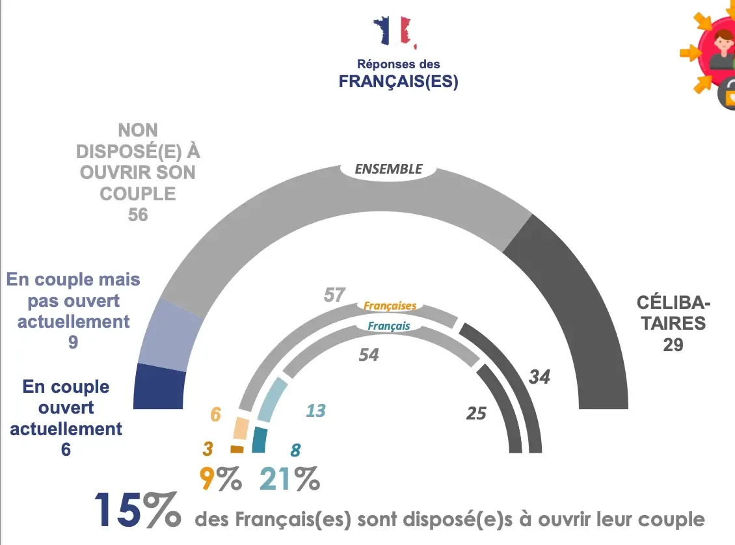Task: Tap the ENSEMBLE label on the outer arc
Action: pos(388,169)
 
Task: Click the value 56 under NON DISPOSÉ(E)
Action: pos(138,214)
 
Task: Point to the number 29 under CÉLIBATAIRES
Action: pos(673,345)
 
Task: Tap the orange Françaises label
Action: pos(390,306)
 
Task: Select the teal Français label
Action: pos(389,326)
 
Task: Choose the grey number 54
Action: pos(368,354)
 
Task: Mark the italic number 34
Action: pos(539,377)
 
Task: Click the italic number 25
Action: pos(476,413)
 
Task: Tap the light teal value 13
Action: pos(315,410)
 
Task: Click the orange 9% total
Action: pos(220,481)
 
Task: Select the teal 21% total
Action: pos(289,481)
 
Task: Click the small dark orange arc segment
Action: pos(237,449)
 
